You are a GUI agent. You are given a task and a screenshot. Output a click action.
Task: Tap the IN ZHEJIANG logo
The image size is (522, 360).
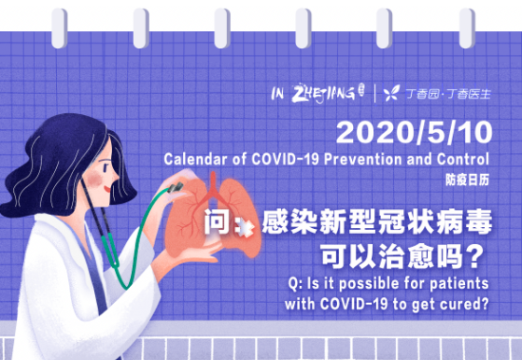click(x=318, y=92)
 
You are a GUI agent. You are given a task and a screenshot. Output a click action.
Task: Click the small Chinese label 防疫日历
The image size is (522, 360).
click(x=469, y=178)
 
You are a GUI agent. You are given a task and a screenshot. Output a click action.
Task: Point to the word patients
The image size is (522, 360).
click(x=459, y=285)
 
